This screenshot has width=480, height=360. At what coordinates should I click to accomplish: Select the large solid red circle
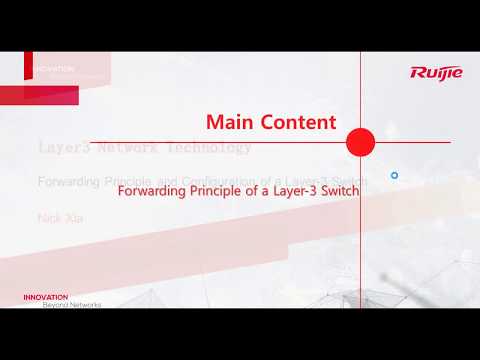pos(359,143)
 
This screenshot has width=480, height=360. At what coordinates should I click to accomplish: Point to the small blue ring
pos(395,175)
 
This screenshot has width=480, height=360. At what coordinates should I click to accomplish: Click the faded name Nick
pos(47,216)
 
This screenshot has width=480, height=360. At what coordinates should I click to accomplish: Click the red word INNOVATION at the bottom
pos(46,296)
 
